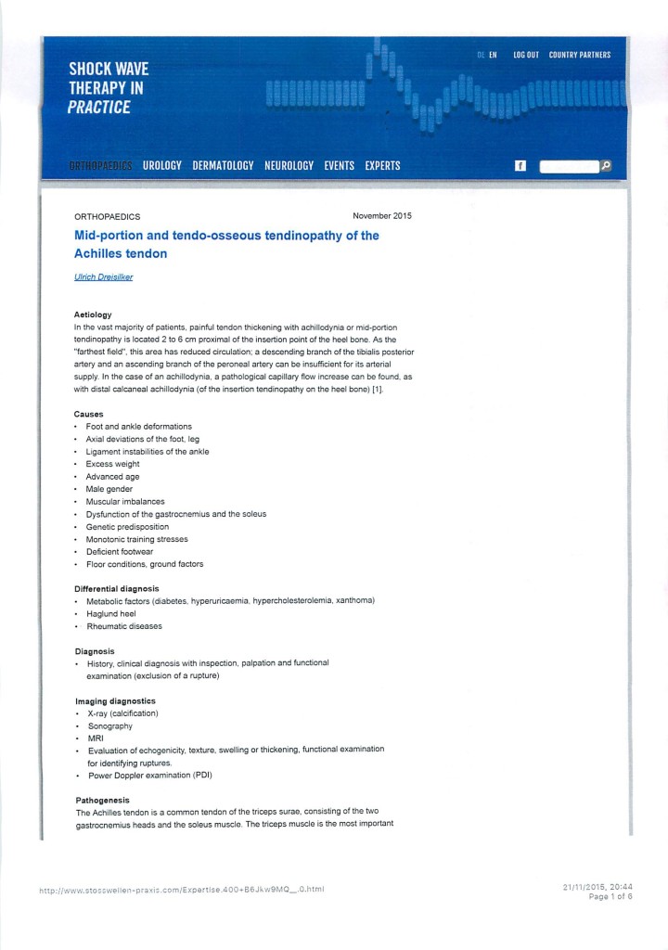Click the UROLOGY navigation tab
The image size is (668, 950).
point(162,166)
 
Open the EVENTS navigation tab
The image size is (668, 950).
point(339,166)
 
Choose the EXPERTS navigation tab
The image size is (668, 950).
point(382,166)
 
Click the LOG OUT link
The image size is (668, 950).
point(525,55)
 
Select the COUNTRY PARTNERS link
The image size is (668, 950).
point(580,55)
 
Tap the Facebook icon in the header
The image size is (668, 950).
point(520,166)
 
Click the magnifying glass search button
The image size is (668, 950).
point(606,166)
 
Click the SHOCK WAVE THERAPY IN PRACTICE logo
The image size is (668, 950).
point(108,88)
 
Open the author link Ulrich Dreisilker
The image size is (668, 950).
point(103,276)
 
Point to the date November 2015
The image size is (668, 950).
point(381,216)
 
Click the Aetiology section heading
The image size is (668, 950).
point(93,315)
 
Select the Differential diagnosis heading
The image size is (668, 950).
point(117,588)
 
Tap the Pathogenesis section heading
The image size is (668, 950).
point(102,800)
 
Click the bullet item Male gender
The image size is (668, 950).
point(109,489)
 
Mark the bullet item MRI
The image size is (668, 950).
point(96,738)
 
